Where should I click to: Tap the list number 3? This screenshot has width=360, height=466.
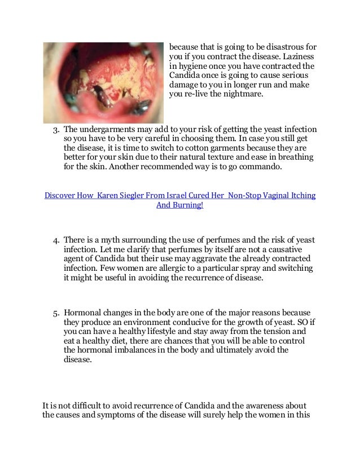(55, 131)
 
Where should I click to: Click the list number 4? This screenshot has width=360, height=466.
(55, 241)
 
